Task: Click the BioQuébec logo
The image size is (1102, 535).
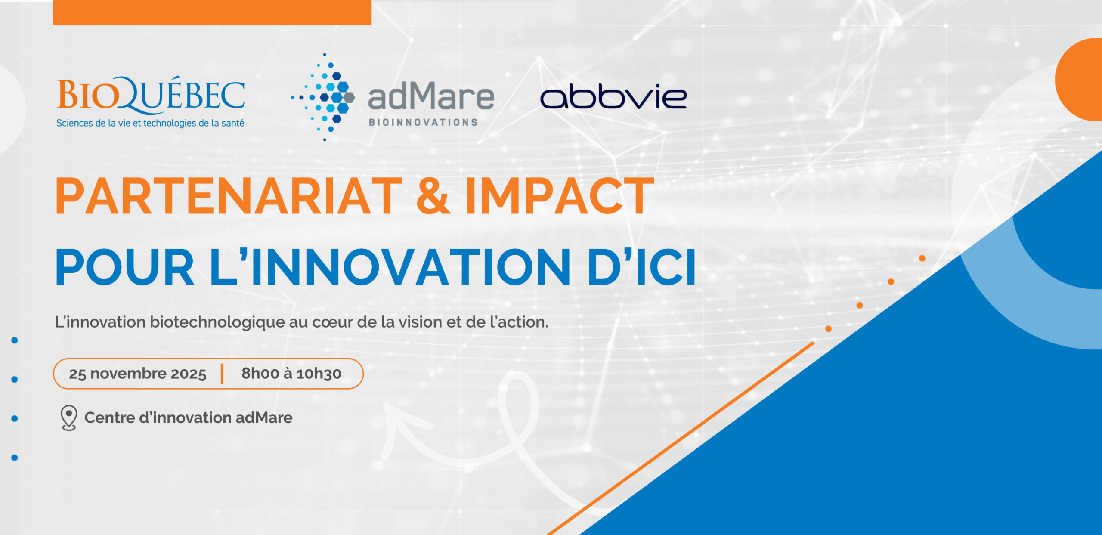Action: [x=151, y=102]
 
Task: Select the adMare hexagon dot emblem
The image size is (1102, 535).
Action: [x=323, y=97]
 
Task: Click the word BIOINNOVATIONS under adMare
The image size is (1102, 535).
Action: [x=423, y=122]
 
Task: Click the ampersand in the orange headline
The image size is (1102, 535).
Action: [x=434, y=196]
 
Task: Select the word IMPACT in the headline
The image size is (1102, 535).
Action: [x=560, y=196]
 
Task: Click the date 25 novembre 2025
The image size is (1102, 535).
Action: [x=138, y=374]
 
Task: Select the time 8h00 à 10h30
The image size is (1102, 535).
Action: [x=291, y=374]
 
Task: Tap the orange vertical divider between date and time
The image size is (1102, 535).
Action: [x=222, y=374]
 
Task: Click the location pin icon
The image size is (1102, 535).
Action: [x=69, y=418]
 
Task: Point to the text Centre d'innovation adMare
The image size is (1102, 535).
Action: [x=189, y=417]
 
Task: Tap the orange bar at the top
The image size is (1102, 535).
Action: [x=212, y=12]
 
